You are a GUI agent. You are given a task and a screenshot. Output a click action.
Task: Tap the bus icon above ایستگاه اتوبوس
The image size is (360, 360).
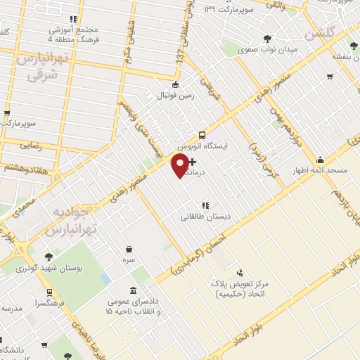202,135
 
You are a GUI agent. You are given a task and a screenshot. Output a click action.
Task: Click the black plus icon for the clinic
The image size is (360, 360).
193,162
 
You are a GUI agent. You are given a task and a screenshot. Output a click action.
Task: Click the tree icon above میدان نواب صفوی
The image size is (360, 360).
266,39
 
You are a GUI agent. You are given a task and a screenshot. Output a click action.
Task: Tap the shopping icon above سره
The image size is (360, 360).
129,248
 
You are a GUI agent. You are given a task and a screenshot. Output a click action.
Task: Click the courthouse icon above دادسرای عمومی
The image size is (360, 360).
134,291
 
